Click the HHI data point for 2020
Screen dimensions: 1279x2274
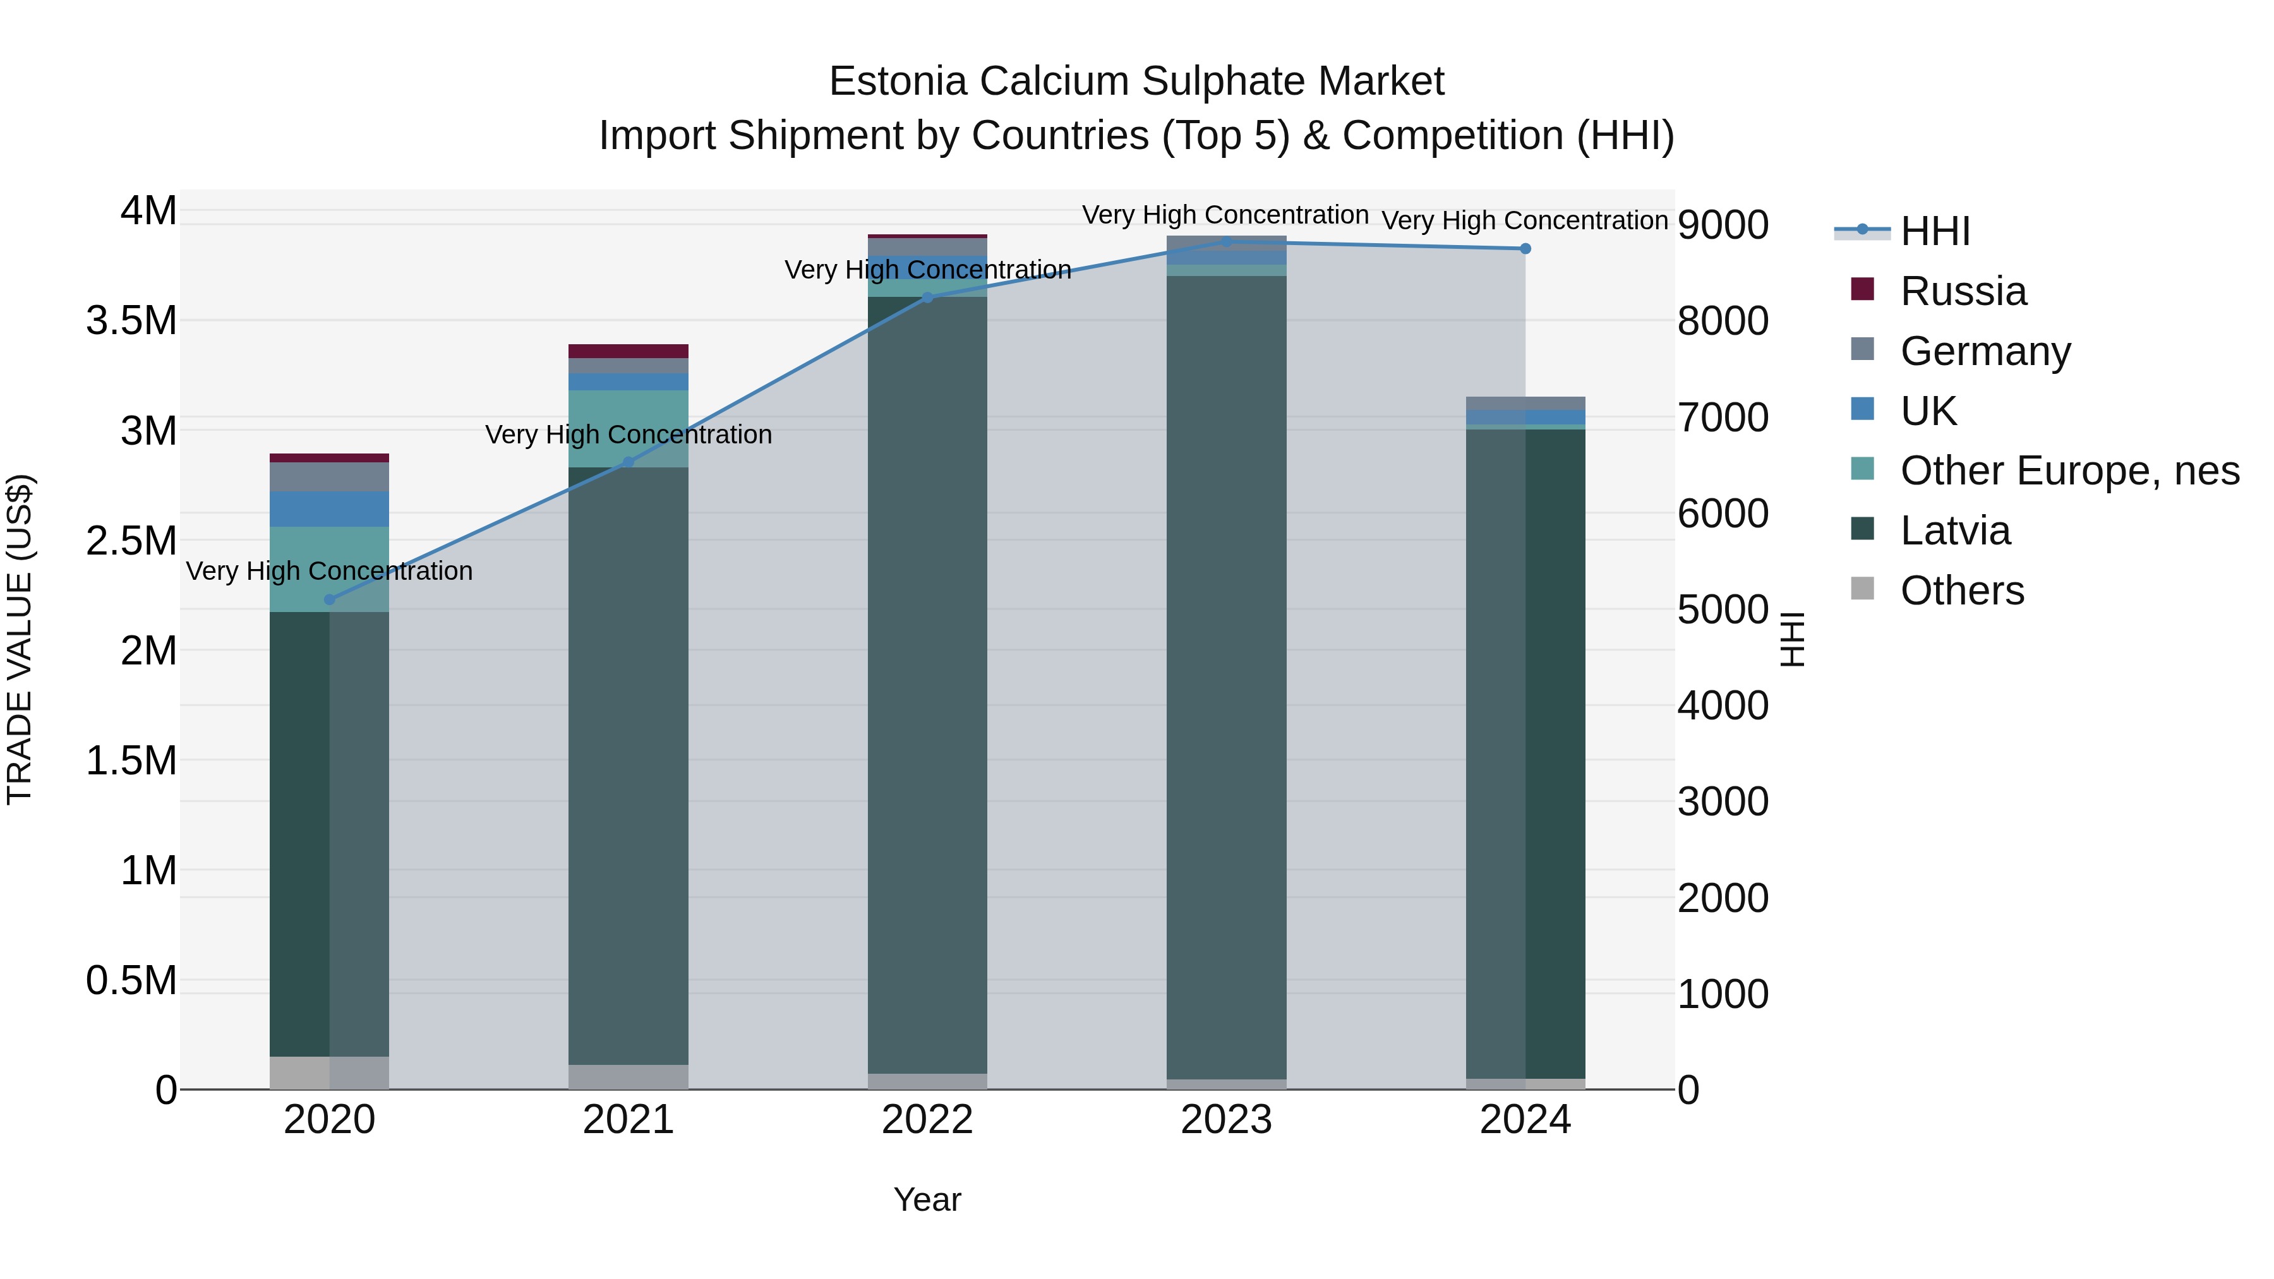(329, 600)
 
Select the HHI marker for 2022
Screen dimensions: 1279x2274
(927, 298)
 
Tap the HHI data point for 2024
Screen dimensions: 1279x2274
(1525, 249)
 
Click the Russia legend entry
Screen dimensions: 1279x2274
(1963, 291)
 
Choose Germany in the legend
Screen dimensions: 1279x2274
(1985, 351)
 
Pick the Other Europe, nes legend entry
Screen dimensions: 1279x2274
(2069, 471)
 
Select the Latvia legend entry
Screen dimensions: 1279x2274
(1954, 531)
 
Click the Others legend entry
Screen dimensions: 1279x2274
(1961, 591)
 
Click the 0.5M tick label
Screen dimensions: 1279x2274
(131, 982)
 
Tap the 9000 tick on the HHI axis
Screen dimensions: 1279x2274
(1723, 225)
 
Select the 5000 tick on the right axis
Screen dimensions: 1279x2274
(1723, 610)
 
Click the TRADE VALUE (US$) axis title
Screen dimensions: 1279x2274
(20, 639)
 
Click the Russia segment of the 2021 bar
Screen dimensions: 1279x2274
(628, 351)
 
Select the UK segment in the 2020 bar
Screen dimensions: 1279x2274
(329, 509)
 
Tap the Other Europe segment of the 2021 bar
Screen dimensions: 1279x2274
(628, 428)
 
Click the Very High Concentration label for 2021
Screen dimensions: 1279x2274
(628, 435)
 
